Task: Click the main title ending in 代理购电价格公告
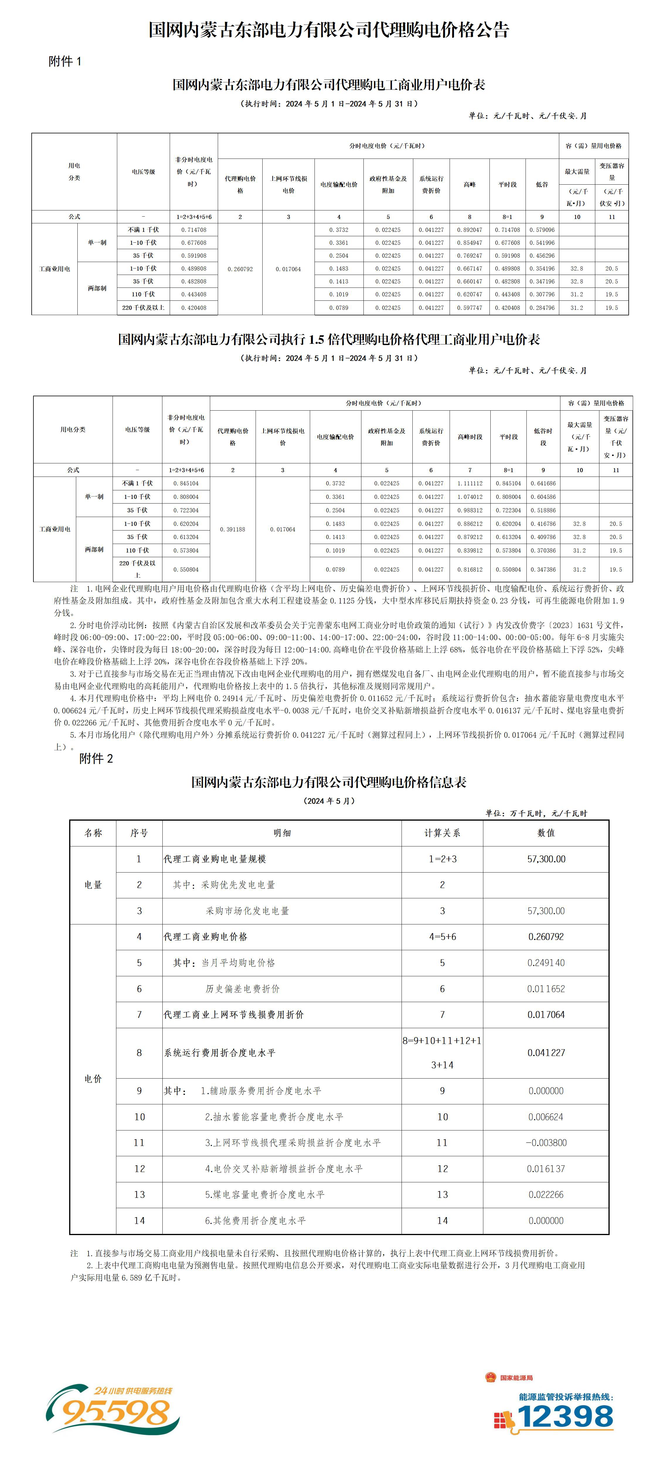coord(329,29)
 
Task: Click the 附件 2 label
coord(96,759)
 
